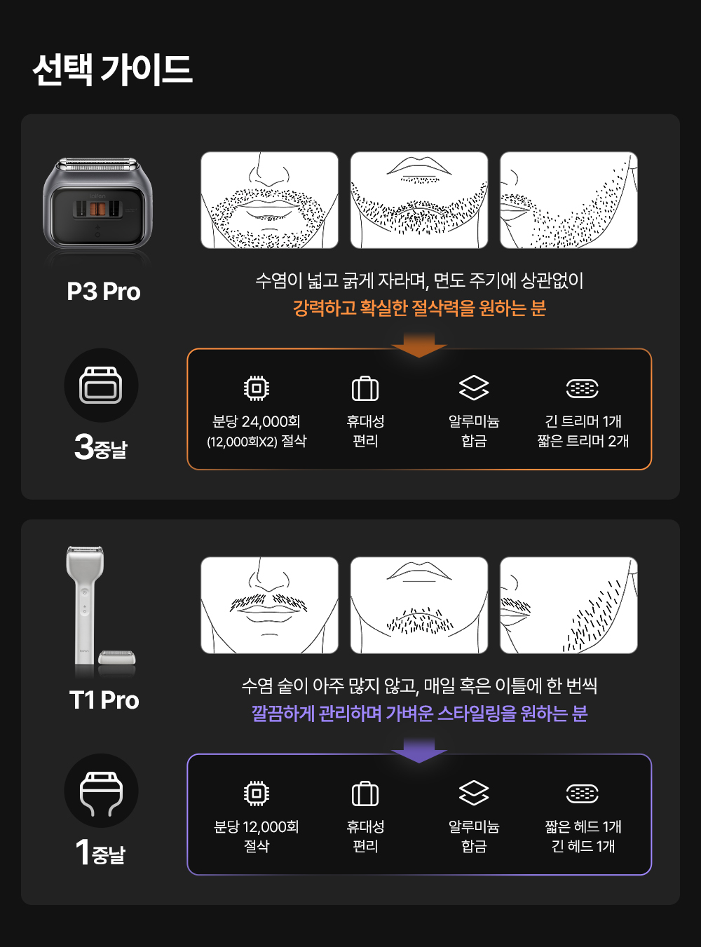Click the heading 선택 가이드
coord(112,69)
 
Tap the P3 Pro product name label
coord(104,292)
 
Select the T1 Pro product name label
coord(104,701)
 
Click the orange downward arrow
coord(418,345)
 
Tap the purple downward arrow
coord(418,750)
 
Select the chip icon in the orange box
coord(257,388)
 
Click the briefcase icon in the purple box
coord(365,793)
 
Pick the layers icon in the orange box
coord(474,388)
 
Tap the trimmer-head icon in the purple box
coord(583,793)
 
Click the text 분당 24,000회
coord(257,421)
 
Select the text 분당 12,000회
coord(257,827)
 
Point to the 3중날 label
coord(101,447)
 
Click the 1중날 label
coord(101,852)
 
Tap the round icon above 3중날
coord(101,385)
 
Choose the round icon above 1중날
coord(101,790)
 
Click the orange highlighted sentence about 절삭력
coord(419,308)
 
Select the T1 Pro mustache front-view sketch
coord(270,605)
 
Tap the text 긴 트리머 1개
coord(583,421)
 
